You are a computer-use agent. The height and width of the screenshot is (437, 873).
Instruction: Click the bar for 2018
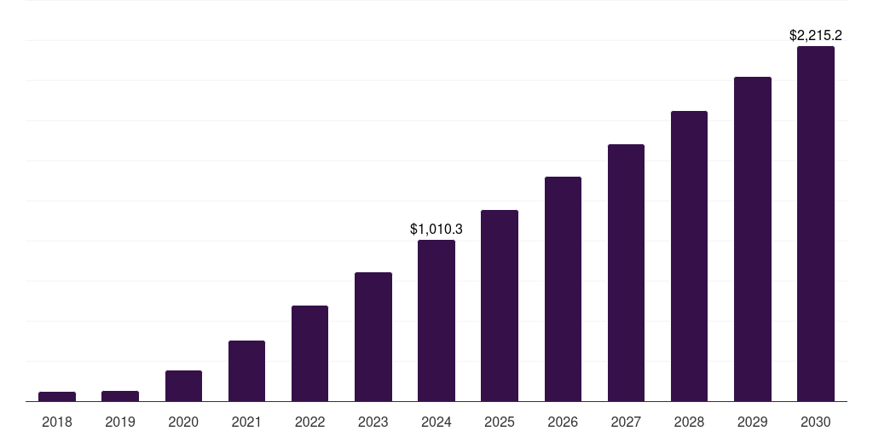[57, 396]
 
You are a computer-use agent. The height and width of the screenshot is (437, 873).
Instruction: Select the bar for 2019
[120, 396]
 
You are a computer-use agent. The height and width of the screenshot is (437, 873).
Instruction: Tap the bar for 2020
[183, 386]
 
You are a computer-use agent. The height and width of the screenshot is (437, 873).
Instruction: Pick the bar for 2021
[246, 371]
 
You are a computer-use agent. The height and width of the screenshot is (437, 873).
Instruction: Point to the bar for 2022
[309, 353]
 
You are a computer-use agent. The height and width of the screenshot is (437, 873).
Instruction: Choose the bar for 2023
[373, 337]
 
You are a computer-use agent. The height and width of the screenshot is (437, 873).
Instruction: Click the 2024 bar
[436, 321]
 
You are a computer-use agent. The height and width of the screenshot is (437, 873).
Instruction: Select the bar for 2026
[563, 289]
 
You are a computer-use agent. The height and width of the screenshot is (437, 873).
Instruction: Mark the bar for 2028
[689, 256]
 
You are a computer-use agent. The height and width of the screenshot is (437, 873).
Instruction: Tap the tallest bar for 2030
[816, 224]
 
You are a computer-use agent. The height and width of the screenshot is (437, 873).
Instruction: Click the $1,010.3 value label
[436, 229]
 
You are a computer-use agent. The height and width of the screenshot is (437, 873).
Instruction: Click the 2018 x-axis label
[57, 422]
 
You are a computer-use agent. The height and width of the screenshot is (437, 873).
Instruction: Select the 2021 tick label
[246, 422]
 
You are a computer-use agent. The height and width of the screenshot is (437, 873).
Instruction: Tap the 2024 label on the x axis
[436, 422]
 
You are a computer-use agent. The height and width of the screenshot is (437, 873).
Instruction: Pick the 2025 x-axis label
[500, 422]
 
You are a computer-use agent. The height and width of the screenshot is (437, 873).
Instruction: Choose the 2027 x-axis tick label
[626, 422]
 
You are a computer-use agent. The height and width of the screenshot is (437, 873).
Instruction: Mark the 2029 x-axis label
[753, 422]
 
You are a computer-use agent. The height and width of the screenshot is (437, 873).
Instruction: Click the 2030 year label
[816, 422]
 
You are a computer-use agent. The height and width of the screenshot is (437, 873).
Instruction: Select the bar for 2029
[753, 239]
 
